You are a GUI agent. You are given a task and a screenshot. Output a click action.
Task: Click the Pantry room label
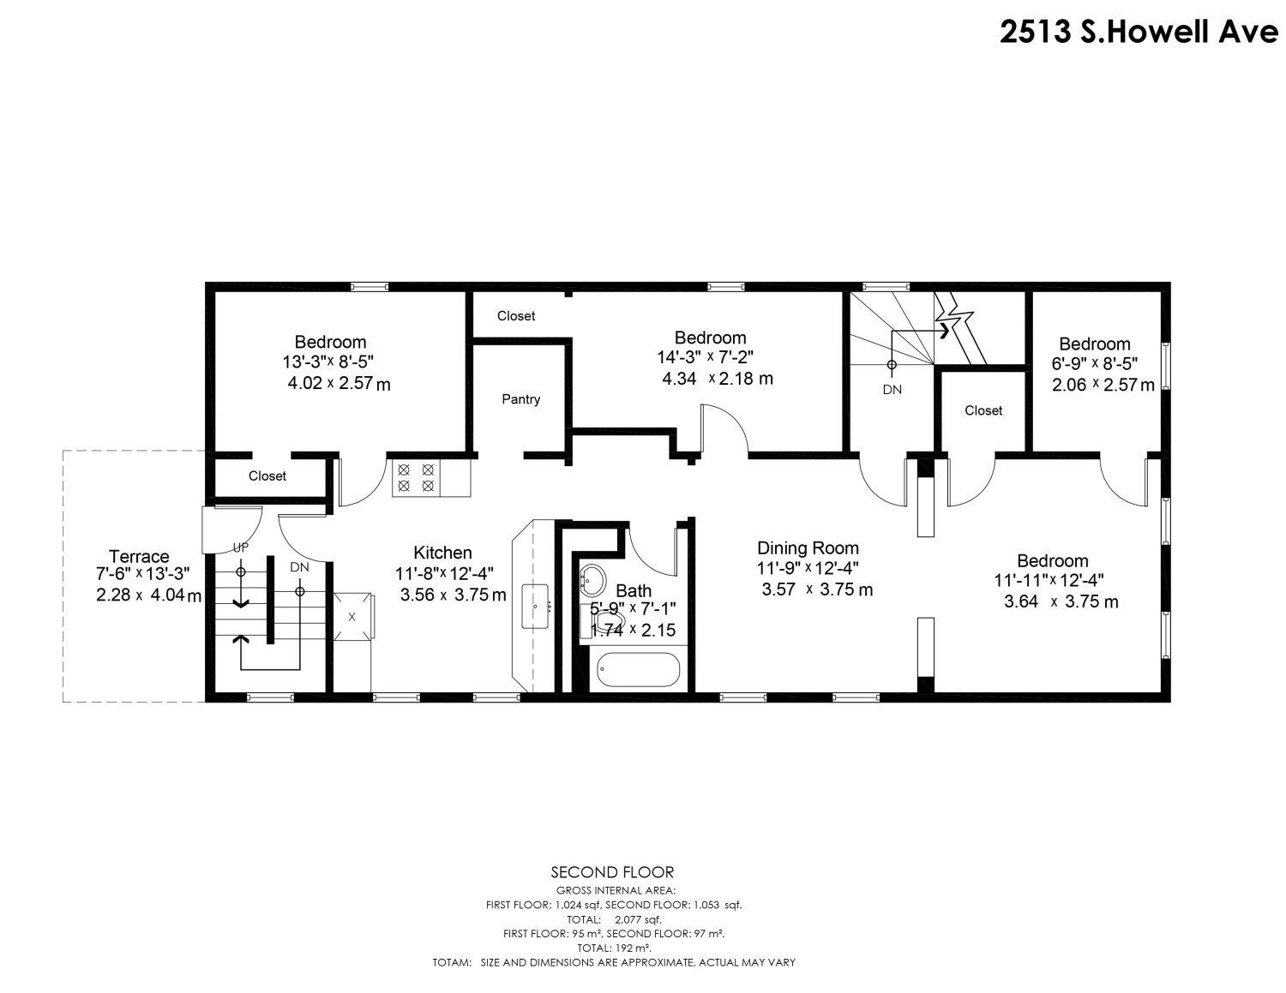pos(520,399)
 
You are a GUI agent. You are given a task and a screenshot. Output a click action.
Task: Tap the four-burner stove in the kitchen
pos(416,478)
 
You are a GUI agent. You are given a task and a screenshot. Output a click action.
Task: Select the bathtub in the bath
pos(639,669)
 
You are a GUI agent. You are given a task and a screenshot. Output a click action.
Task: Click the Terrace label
pos(139,556)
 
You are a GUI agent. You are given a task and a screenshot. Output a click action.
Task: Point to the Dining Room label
pos(808,547)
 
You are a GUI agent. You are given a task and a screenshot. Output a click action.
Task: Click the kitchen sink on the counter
pos(536,607)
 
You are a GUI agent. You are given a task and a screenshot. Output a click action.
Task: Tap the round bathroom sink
pos(593,581)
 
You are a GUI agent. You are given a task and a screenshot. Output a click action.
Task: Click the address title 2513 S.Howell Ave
pos(1139,31)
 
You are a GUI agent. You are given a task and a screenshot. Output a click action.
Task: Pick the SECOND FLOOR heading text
pos(612,872)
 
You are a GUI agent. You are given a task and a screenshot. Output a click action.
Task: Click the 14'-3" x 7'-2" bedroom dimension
pos(706,357)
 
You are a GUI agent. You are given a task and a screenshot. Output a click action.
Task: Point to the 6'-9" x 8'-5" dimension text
pos(1094,363)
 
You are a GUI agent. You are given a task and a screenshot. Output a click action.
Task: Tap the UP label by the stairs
pos(241,547)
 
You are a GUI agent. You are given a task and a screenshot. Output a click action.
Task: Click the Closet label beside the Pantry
pos(516,316)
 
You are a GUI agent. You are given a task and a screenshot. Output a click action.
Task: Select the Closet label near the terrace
pos(267,476)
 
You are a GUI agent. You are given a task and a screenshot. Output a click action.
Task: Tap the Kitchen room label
pos(442,553)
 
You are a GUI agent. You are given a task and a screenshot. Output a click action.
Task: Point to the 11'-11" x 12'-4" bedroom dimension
pos(1049,581)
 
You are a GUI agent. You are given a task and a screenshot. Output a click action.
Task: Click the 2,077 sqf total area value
pos(638,919)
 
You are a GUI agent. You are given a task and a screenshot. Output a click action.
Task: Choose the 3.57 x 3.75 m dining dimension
pos(817,589)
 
